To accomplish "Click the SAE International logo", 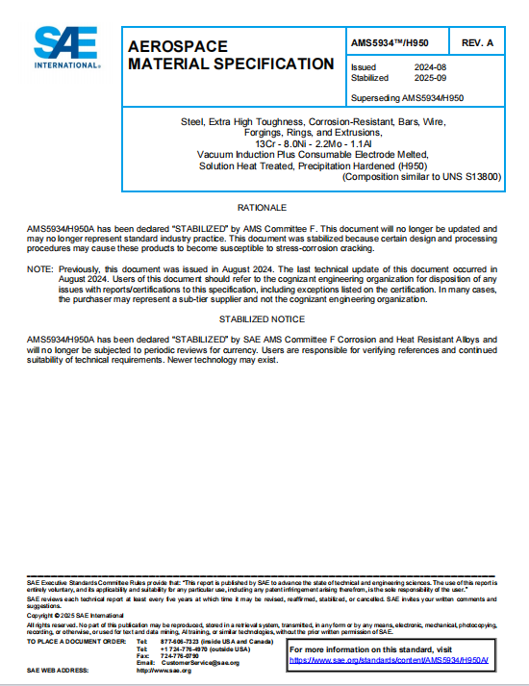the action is tap(66, 46).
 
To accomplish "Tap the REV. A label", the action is tap(477, 43).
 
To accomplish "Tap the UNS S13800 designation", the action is tap(477, 177).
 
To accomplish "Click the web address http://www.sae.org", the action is tap(164, 671).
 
